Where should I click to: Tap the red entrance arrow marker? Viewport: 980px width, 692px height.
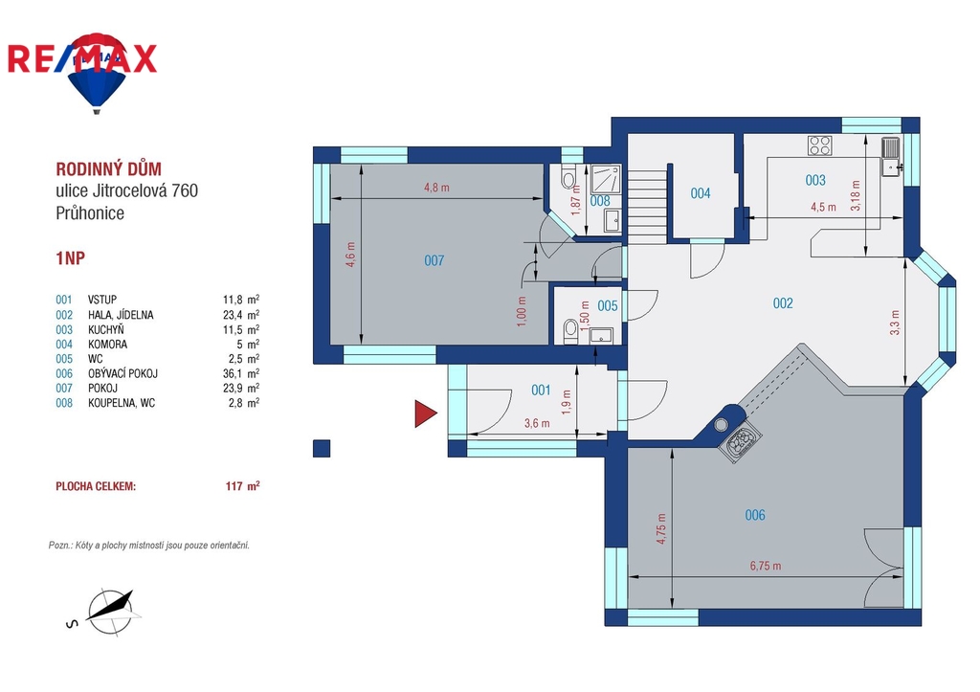[x=425, y=413]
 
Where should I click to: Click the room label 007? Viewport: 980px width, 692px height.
[x=434, y=260]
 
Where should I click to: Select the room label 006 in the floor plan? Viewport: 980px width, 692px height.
[x=755, y=515]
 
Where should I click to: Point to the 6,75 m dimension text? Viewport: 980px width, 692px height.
[x=766, y=566]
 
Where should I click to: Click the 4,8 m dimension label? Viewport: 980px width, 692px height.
[x=436, y=187]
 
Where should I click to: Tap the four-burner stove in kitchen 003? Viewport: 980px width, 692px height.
[x=819, y=145]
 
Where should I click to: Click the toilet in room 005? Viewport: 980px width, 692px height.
[x=570, y=330]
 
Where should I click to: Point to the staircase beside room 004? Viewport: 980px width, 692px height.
[x=647, y=207]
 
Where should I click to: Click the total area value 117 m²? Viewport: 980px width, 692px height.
[x=242, y=485]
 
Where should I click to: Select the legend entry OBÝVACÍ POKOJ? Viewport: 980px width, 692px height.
[x=122, y=373]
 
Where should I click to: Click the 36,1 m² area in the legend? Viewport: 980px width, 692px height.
[x=240, y=373]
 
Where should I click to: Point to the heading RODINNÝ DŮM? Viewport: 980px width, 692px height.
[x=109, y=168]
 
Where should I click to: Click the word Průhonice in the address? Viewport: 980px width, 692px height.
[x=90, y=213]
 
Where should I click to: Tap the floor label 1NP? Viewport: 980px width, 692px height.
[x=70, y=258]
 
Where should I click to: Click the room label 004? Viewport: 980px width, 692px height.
[x=701, y=193]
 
